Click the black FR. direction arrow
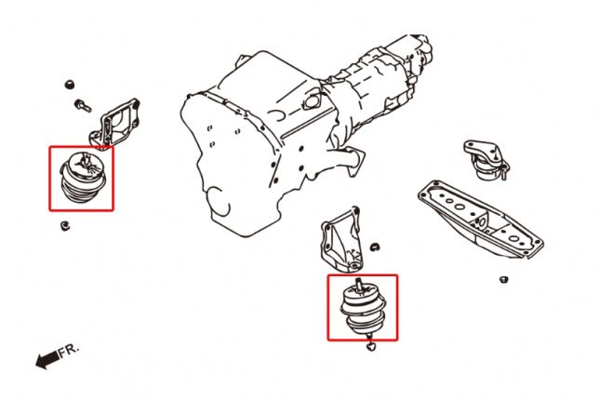coord(47,360)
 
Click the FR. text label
coord(69,351)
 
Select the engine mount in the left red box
coord(83,178)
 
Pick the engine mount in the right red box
coord(363,309)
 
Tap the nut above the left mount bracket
coord(69,85)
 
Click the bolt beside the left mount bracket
coord(83,105)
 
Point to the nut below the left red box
coord(65,226)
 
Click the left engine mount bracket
coord(114,123)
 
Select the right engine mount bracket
coord(341,240)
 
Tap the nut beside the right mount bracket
coord(375,247)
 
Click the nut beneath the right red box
coord(370,347)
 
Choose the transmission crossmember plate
coord(481,220)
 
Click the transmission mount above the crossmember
coord(487,160)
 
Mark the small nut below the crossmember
coord(503,280)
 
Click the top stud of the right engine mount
coord(358,285)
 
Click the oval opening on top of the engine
coord(312,100)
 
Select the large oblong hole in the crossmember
coord(460,207)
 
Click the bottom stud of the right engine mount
coord(368,335)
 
